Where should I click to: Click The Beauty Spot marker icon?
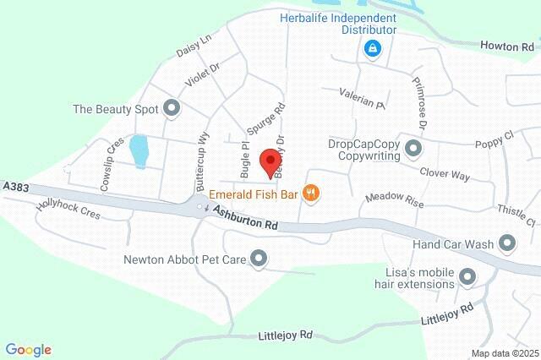coord(172,108)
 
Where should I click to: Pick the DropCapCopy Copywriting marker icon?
coord(413,149)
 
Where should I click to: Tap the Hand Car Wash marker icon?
coord(507,244)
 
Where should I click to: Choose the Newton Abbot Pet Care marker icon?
coord(260,259)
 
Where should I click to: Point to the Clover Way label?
coord(445,174)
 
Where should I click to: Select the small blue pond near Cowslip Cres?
coord(138,150)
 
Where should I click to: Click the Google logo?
coord(28,349)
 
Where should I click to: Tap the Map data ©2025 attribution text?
coord(504,353)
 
